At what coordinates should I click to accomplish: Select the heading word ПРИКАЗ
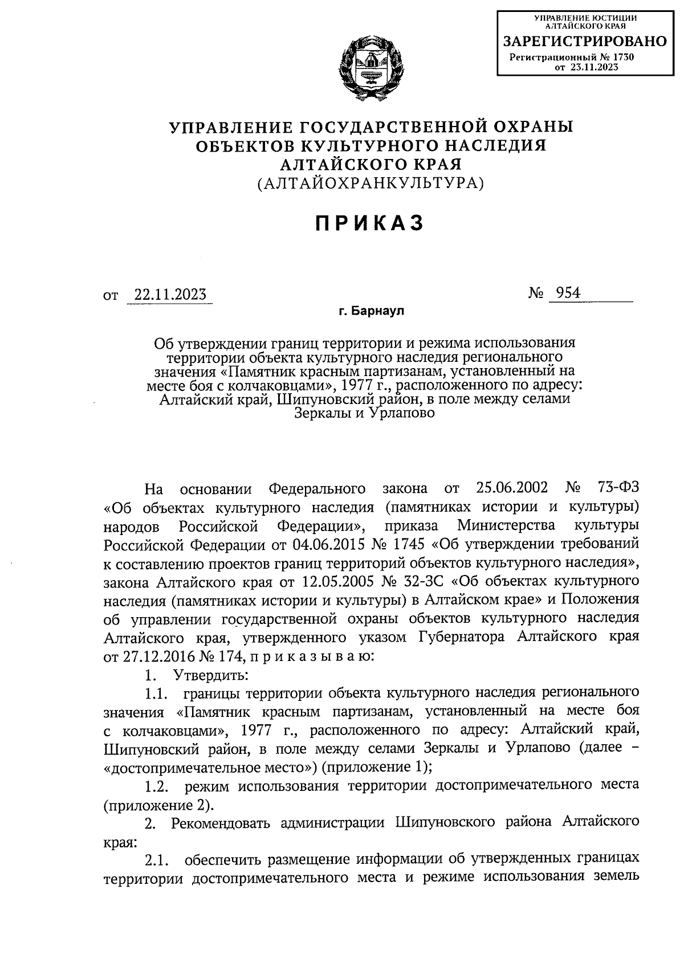(370, 223)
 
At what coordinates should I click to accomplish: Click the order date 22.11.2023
(169, 295)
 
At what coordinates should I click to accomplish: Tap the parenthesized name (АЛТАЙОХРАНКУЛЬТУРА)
(370, 183)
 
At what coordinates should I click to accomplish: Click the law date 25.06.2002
(511, 488)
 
